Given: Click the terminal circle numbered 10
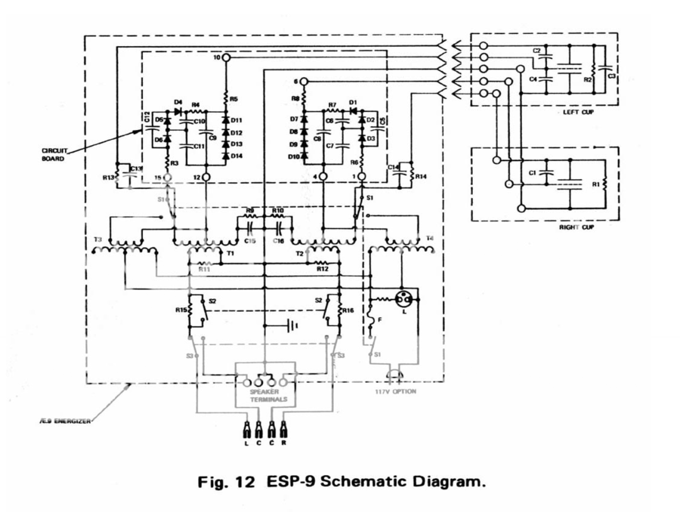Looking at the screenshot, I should tap(225, 57).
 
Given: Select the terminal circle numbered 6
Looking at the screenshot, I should tap(305, 81).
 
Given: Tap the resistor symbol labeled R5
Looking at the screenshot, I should tap(225, 98).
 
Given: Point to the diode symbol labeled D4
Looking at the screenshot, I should tap(179, 110).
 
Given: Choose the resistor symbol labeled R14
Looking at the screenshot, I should tap(412, 175).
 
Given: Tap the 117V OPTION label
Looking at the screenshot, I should tap(395, 391).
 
